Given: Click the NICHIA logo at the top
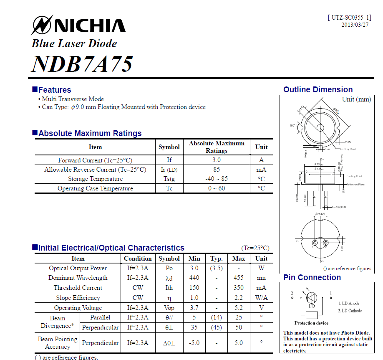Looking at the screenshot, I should click(78, 25).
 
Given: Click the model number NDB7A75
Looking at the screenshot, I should click(82, 63).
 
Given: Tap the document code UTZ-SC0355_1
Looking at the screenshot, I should click(350, 18).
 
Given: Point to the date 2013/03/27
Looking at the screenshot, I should click(355, 25).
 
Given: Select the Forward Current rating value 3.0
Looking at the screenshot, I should click(216, 160).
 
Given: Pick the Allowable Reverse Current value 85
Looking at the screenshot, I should click(216, 170).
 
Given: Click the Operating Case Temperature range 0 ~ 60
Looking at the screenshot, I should click(216, 188).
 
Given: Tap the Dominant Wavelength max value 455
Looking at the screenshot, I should click(238, 278).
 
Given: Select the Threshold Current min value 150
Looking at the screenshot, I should click(194, 288).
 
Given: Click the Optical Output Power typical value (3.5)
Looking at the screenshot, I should click(216, 268).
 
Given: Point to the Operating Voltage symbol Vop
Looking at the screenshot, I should click(169, 308).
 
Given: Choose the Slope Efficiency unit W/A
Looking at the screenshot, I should click(261, 298).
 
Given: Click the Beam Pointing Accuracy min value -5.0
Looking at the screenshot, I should click(194, 343).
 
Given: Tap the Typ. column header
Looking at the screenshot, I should click(216, 259).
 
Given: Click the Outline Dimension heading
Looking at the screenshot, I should click(318, 89).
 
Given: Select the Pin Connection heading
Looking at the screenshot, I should click(312, 278).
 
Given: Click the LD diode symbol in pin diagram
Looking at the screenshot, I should click(311, 298).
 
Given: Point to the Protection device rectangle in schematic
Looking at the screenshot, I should click(311, 315).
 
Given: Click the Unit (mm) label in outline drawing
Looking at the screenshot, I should click(356, 99).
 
